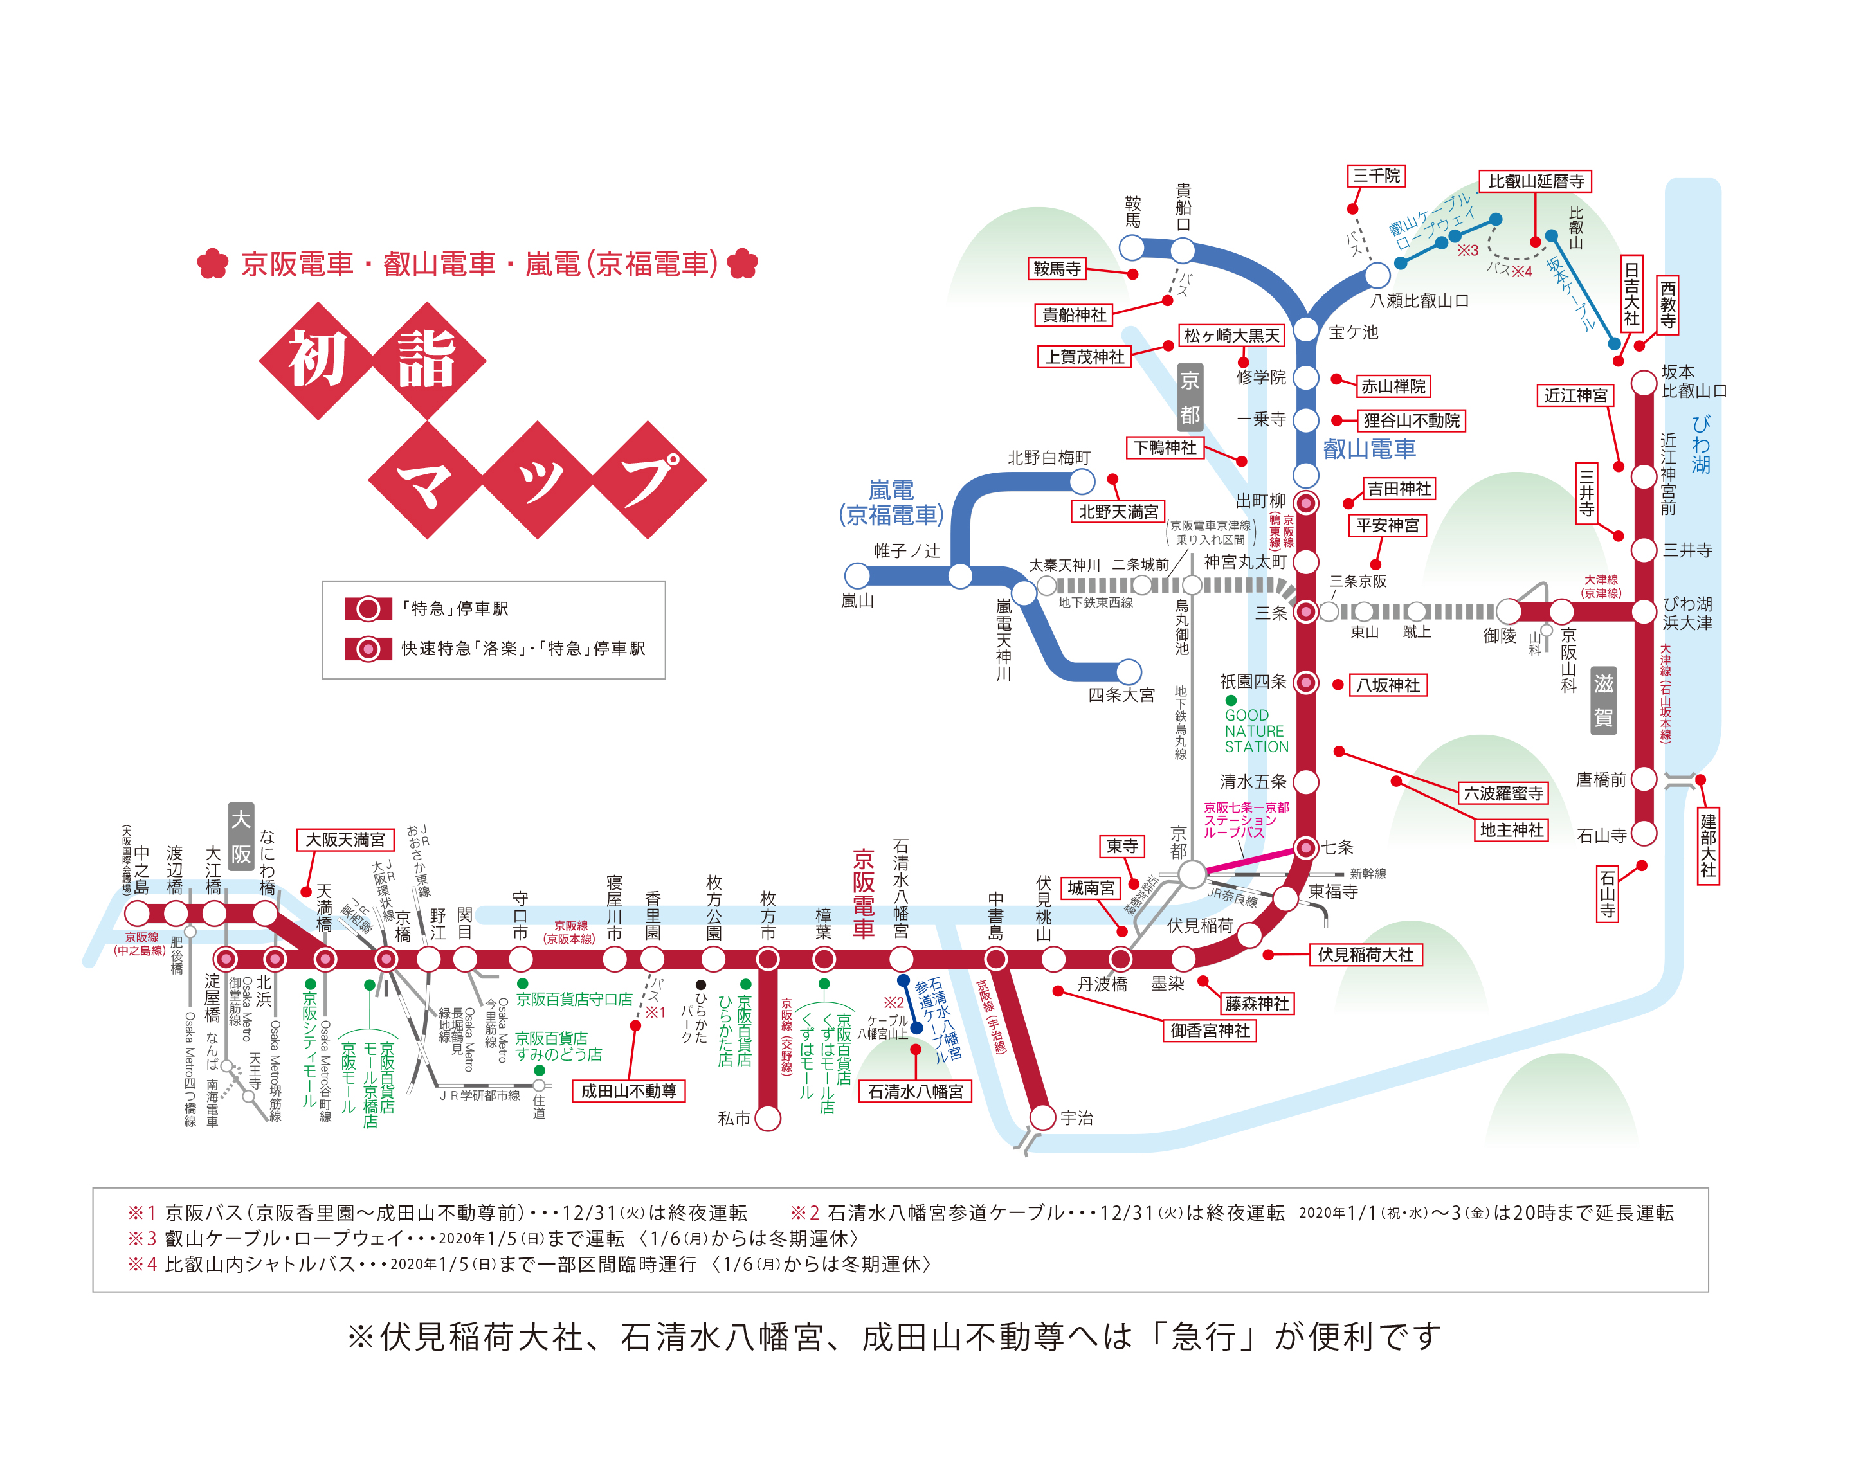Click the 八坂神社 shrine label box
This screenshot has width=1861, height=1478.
point(1387,685)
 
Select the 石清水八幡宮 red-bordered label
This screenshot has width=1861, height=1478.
point(915,1092)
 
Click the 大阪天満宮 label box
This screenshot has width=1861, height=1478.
point(345,840)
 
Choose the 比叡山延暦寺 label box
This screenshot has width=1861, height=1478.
point(1536,181)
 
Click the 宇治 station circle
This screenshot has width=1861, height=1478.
point(1042,1117)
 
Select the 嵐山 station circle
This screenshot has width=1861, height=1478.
point(857,575)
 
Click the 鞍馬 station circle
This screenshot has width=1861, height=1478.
point(1132,248)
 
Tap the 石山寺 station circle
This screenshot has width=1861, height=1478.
point(1644,833)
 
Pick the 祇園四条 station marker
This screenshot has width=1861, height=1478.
point(1306,683)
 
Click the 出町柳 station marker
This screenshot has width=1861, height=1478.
point(1306,503)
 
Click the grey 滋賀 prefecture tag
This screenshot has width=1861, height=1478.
point(1603,701)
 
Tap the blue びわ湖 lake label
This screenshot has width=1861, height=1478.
point(1700,444)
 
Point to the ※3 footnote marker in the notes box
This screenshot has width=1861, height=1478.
point(141,1238)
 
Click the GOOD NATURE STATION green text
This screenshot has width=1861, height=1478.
point(1256,731)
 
